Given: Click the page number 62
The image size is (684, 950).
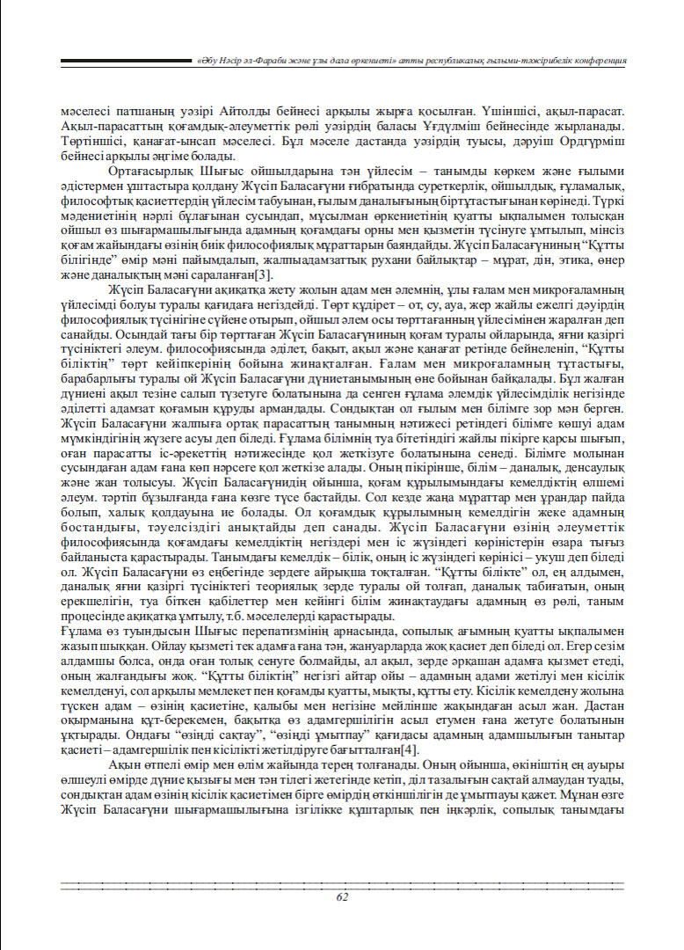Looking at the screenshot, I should [342, 896].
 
